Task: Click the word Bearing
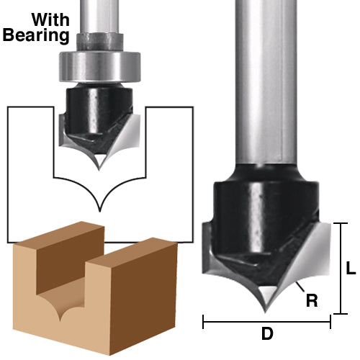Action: (35, 35)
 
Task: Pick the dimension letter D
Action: (266, 334)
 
